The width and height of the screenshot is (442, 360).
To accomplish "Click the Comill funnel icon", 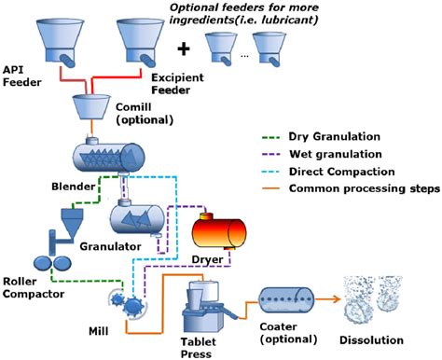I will coord(104,109).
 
